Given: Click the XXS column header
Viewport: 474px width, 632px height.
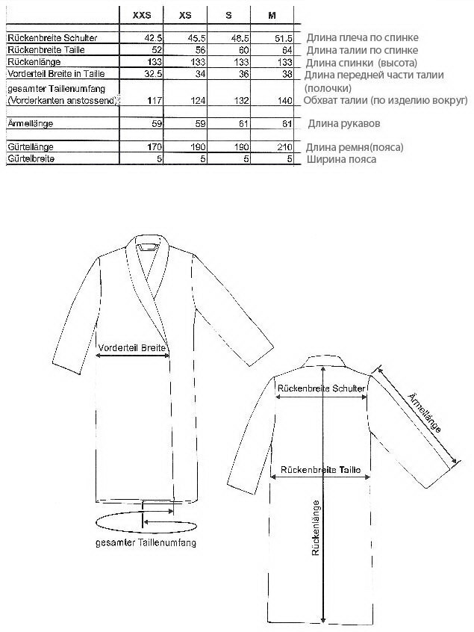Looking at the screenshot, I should (141, 14).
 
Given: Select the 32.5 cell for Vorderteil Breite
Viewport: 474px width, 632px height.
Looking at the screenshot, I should (152, 73).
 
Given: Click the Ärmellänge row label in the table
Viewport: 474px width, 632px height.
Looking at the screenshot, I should (33, 122).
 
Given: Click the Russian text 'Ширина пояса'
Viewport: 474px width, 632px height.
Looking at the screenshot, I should (341, 159).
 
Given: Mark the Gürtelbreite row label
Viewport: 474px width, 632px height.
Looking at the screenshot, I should (31, 159).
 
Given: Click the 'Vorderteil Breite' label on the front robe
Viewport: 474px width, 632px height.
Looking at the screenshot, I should (131, 347).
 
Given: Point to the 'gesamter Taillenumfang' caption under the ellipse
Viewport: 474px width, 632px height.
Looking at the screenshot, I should (146, 544).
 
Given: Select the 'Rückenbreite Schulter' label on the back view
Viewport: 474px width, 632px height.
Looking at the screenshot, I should (320, 388).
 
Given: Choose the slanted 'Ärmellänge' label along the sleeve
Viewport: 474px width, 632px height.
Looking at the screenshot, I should (425, 411).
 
